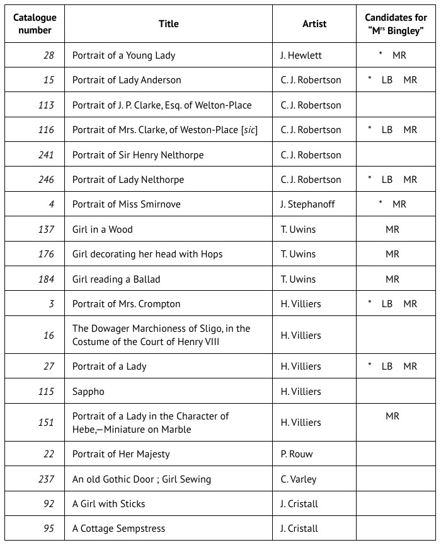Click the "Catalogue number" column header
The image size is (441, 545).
pyautogui.click(x=35, y=24)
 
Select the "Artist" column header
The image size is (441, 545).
pyautogui.click(x=314, y=24)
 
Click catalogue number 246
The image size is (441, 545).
pyautogui.click(x=46, y=180)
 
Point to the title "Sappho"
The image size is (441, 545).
pyautogui.click(x=88, y=392)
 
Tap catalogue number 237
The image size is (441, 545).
pyautogui.click(x=46, y=479)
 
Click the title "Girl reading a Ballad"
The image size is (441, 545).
pyautogui.click(x=117, y=279)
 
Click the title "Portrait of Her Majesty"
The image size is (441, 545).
pyautogui.click(x=121, y=454)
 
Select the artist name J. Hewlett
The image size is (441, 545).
pyautogui.click(x=301, y=56)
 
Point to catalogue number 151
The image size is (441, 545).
pyautogui.click(x=46, y=423)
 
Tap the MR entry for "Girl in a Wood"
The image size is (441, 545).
pyautogui.click(x=392, y=230)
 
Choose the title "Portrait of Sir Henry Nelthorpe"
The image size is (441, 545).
pyautogui.click(x=138, y=155)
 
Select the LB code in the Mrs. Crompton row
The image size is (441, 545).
pyautogui.click(x=387, y=304)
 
